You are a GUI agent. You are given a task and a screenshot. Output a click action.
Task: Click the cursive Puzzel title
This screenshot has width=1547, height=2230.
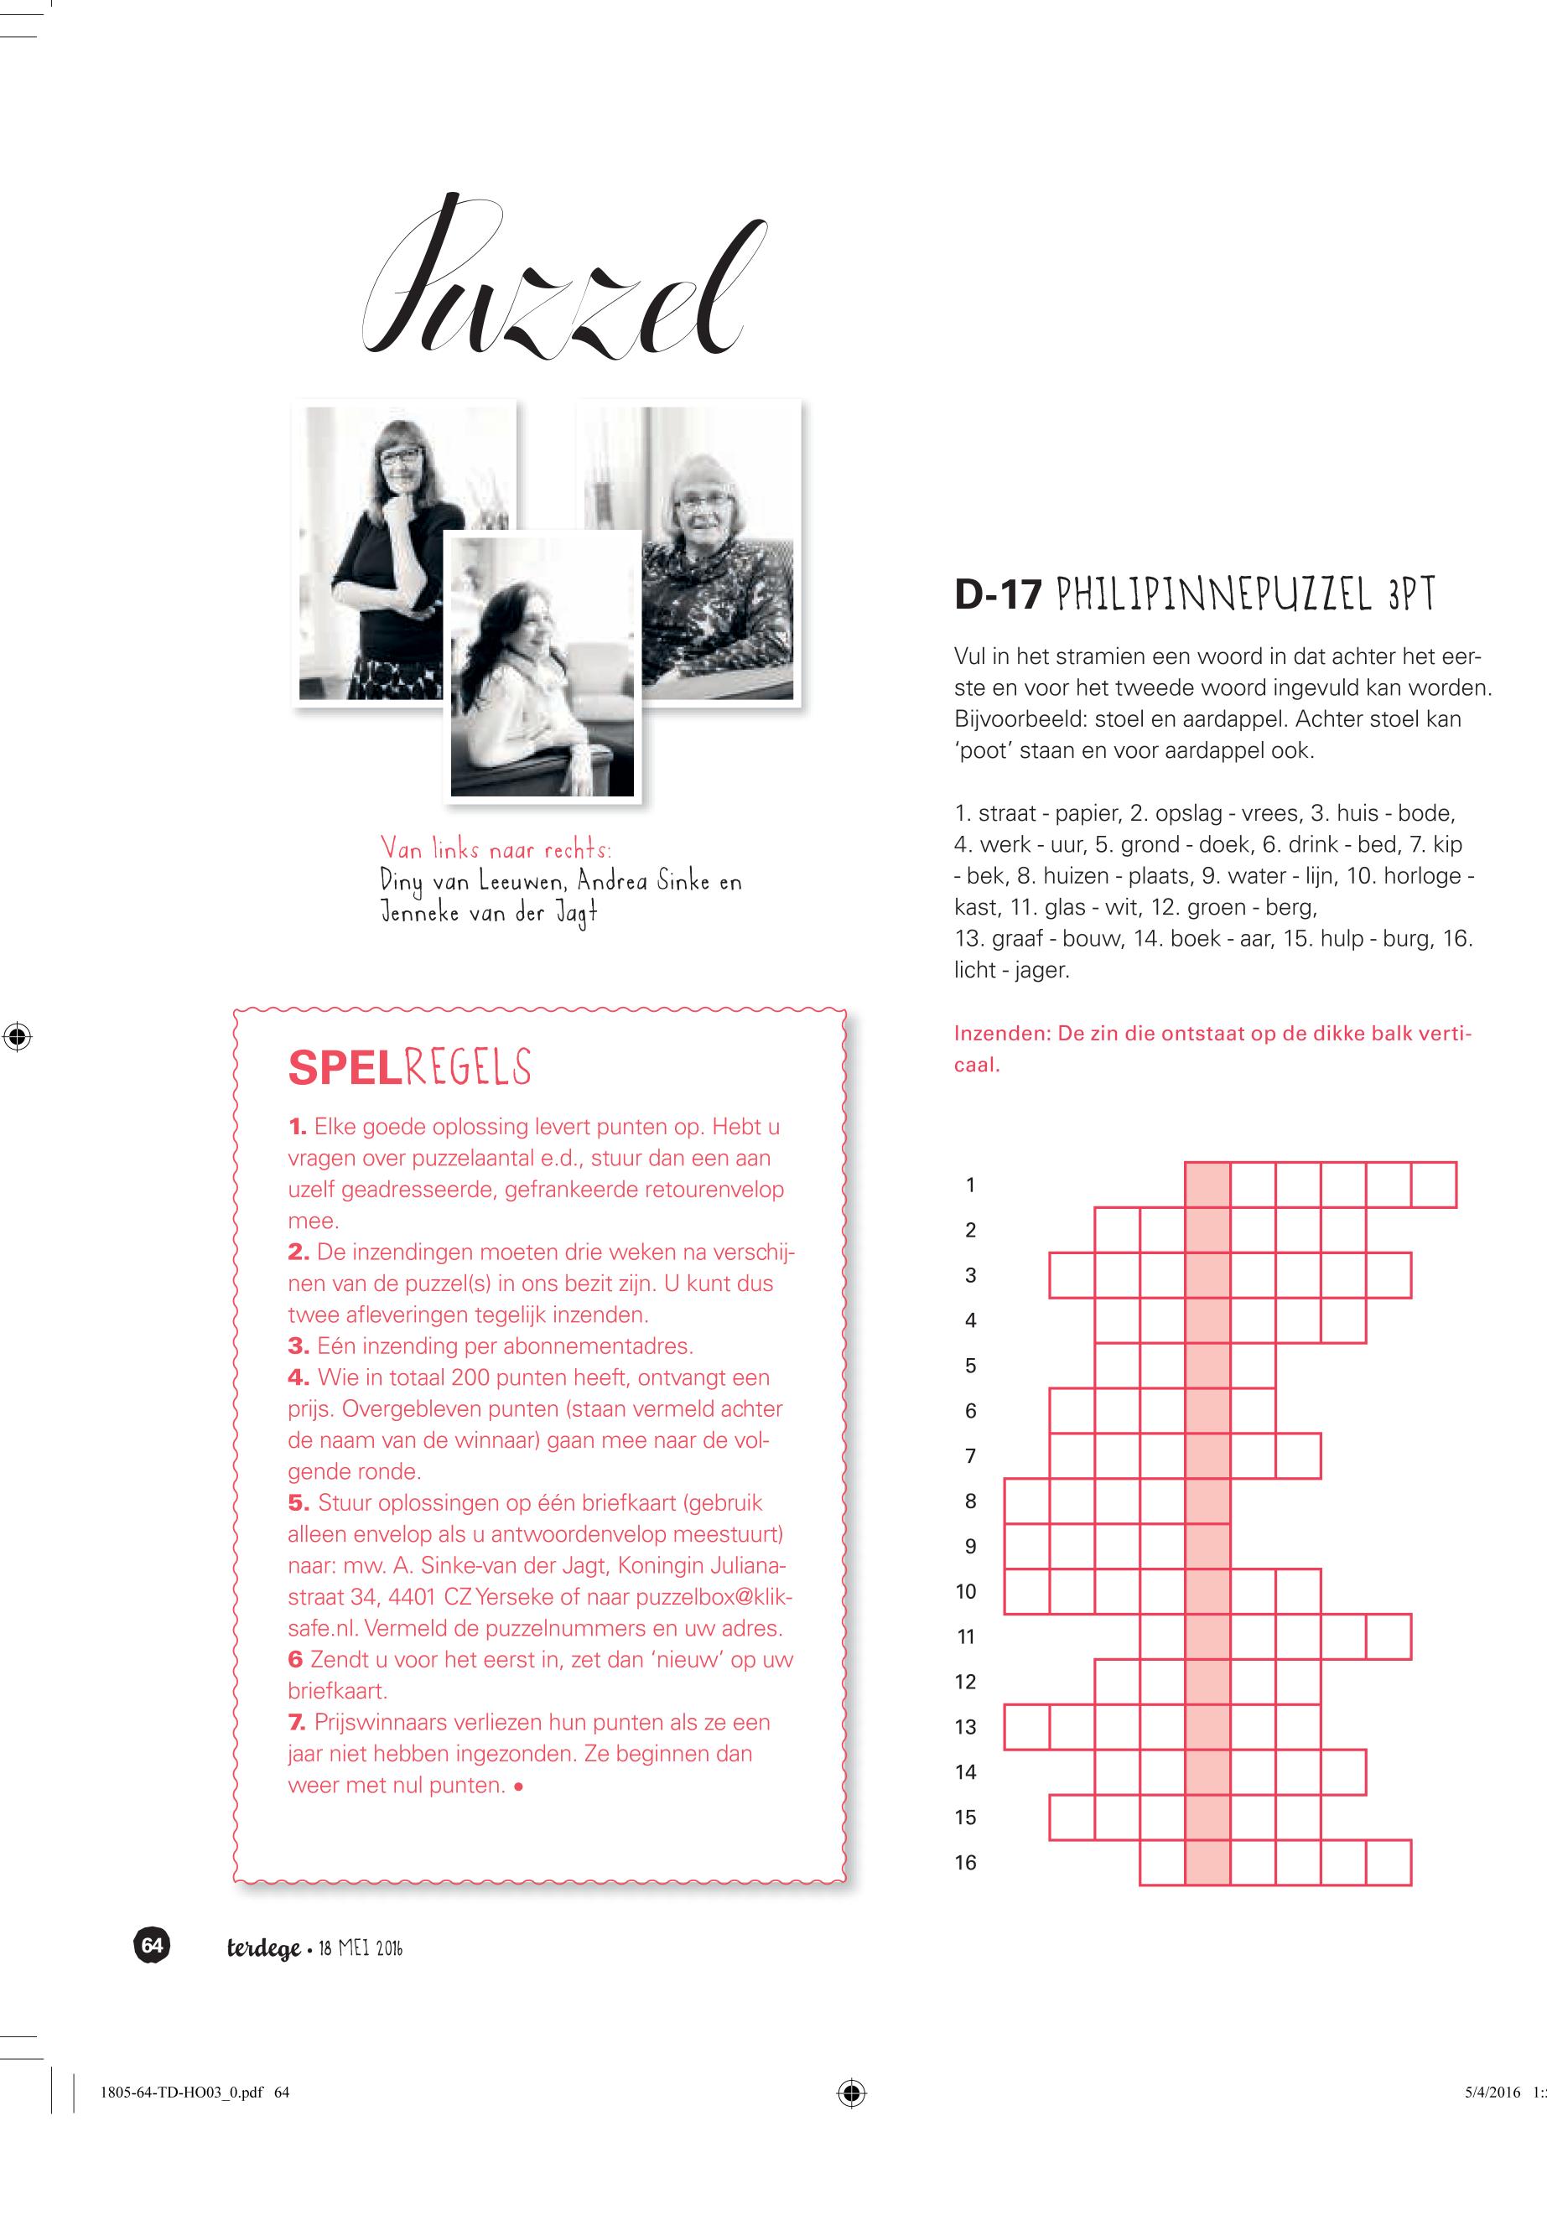coord(562,281)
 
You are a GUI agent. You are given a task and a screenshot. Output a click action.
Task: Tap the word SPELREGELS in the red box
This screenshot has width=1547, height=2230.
coord(409,1067)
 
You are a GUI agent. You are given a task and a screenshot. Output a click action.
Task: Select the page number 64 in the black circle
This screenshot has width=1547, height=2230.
coord(152,1945)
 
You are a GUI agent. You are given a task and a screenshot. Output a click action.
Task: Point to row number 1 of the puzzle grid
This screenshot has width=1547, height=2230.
coord(970,1185)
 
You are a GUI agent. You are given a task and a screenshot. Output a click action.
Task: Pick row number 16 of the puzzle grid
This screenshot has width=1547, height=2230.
coord(965,1862)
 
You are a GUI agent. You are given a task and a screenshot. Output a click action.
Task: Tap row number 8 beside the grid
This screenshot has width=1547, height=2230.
coord(970,1501)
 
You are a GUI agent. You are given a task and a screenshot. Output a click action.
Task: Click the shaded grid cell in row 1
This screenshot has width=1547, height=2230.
coord(1207,1185)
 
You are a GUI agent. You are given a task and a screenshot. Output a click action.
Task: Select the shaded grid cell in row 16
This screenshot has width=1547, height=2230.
coord(1207,1862)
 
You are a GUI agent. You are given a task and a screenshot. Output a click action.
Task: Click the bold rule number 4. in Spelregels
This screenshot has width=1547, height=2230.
coord(298,1377)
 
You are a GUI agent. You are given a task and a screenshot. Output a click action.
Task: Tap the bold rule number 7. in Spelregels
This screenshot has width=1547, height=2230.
coord(298,1722)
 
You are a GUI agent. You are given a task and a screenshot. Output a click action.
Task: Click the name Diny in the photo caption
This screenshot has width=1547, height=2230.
coord(402,883)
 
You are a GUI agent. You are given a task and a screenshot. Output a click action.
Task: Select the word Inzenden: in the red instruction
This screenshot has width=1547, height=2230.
coord(1002,1033)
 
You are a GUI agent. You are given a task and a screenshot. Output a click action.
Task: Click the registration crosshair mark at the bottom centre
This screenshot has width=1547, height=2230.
coord(851,2093)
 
